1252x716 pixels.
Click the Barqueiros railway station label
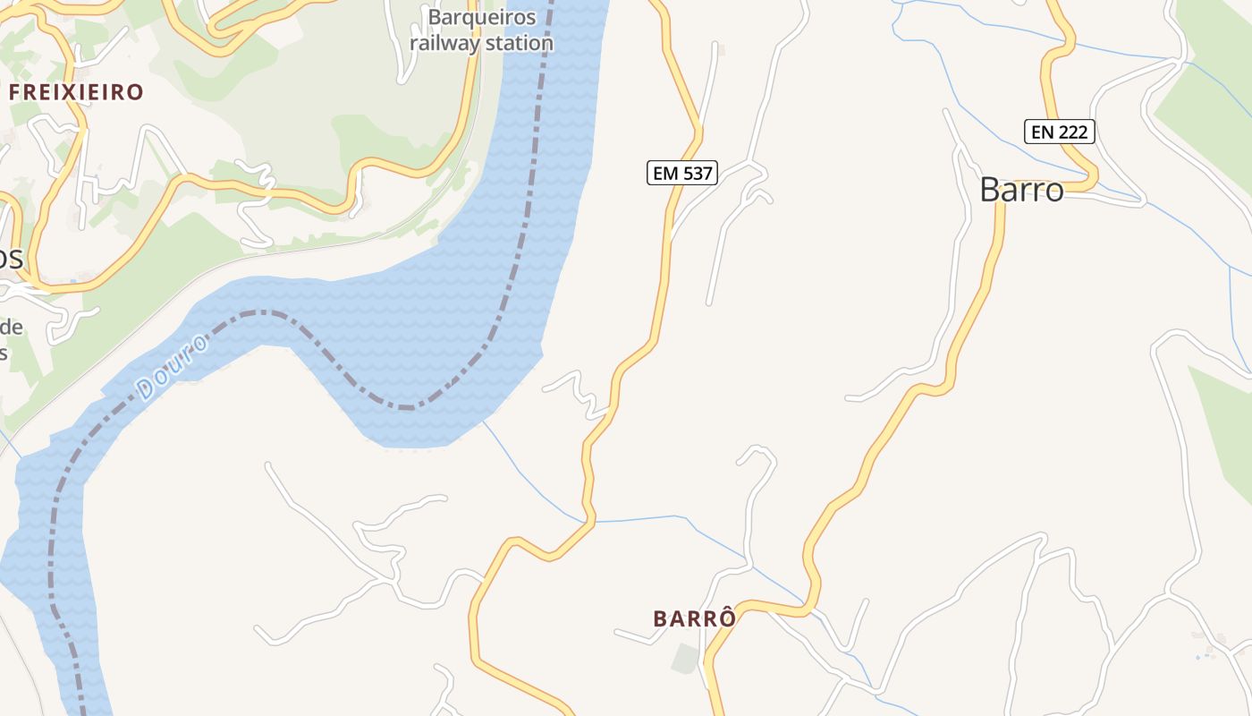point(481,30)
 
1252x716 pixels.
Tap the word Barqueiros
point(481,17)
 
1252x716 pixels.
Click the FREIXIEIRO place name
point(76,91)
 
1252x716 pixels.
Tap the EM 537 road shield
point(682,173)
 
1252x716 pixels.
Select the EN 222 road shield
point(1060,132)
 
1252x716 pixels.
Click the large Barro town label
point(1021,190)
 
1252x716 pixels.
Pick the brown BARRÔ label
point(695,618)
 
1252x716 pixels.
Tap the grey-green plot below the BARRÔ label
point(686,659)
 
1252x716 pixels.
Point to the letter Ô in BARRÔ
point(728,618)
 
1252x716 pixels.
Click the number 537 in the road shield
point(697,173)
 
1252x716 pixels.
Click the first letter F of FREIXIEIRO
point(14,91)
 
